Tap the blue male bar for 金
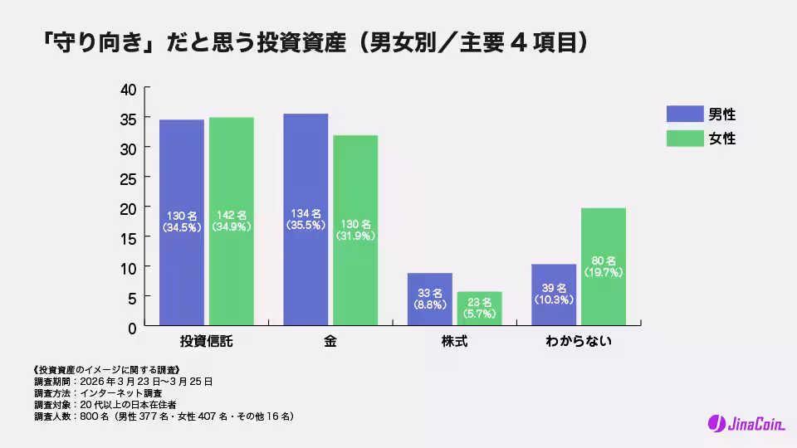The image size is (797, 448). click(306, 220)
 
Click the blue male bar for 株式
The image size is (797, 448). click(430, 299)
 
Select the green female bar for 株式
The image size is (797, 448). click(480, 309)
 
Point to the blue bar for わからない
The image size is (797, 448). click(554, 295)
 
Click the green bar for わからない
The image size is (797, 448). click(604, 267)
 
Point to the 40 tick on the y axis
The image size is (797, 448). click(128, 89)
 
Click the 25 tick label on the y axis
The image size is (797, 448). click(128, 178)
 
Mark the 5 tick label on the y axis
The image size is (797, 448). click(132, 297)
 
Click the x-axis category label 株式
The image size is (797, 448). click(455, 342)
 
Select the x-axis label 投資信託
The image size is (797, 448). click(207, 342)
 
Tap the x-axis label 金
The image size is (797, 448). click(330, 342)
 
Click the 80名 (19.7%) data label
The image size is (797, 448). click(604, 266)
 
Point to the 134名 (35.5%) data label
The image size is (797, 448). click(306, 218)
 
